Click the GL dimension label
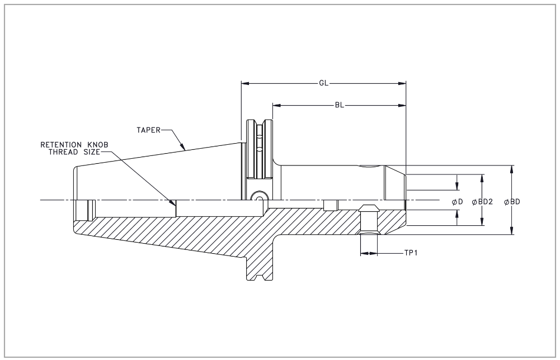323,83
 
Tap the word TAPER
148,130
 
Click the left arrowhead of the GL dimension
244,83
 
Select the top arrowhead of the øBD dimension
511,168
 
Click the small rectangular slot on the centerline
330,205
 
